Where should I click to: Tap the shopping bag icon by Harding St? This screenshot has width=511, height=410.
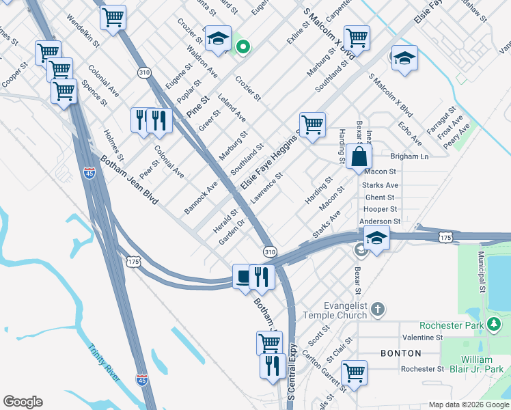coord(359,157)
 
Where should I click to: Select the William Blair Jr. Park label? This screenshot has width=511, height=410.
coord(476,364)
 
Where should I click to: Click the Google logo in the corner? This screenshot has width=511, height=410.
coord(23,402)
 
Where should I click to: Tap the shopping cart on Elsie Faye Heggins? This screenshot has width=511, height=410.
coord(312,125)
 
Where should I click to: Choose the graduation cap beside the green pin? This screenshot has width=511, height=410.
coord(218,40)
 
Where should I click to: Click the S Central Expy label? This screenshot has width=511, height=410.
coord(291,372)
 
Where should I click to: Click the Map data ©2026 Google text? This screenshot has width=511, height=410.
coord(468,405)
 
